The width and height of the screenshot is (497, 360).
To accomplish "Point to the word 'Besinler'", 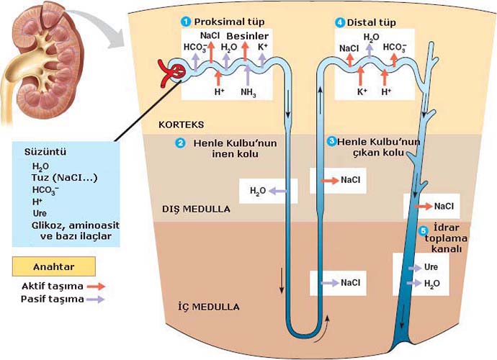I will pos(248,35).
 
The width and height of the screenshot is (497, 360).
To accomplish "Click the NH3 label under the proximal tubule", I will pos(248,92).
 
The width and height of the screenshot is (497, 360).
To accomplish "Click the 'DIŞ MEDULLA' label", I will pos(195,210).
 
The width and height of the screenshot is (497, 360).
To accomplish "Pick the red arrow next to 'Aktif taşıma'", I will pos(95,286).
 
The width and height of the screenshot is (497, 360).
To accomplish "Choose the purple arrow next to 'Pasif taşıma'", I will pos(95,298).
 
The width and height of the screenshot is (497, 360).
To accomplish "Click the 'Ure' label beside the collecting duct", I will pos(431,266).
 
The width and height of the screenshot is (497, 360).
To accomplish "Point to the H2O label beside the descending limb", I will pos(257,191).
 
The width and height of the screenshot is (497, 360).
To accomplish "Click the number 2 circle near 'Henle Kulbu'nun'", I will pos(181,143).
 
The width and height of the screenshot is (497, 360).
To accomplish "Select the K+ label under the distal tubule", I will pos(362,92).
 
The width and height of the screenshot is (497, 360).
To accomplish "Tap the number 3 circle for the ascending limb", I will pos(331,141).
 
